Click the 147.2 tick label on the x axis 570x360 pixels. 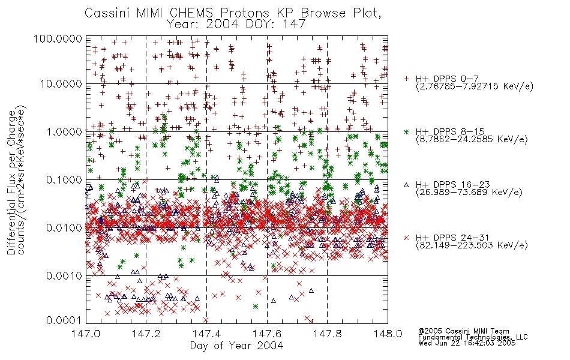(146, 334)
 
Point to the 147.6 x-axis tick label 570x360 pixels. (267, 334)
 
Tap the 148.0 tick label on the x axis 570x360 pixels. (388, 334)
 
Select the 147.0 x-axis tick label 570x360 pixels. (86, 334)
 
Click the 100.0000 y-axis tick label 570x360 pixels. (58, 38)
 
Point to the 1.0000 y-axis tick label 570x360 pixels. (64, 131)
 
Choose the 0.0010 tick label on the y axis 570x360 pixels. (64, 276)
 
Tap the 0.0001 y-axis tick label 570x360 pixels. (64, 320)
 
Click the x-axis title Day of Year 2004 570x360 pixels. (236, 346)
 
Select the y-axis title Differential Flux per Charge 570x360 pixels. (11, 182)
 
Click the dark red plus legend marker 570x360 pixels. (406, 78)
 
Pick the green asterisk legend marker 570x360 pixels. (406, 131)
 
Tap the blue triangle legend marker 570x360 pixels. (406, 185)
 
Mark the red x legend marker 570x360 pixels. (406, 238)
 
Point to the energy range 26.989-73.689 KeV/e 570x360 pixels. (469, 192)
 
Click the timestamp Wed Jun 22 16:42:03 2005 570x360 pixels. (467, 343)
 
